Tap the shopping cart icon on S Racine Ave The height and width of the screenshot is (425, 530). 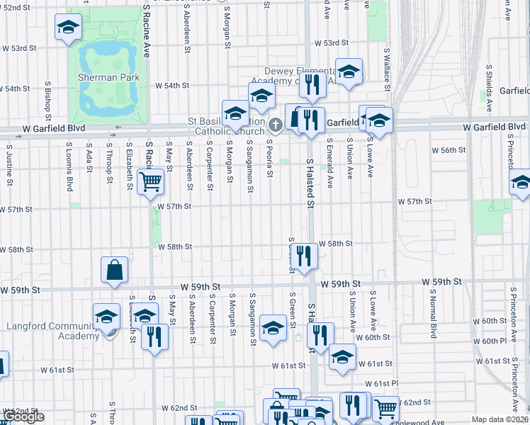150,183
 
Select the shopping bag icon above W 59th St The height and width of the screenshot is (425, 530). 115,269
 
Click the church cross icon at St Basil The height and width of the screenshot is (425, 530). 276,125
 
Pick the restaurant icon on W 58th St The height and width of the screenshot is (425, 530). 304,256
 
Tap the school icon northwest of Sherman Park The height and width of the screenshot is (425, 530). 67,28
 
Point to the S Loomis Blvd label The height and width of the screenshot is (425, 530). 69,167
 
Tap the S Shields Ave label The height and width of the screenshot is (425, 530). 489,88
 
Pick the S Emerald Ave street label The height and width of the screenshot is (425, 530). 330,164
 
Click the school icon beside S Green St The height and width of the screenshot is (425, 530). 273,327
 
